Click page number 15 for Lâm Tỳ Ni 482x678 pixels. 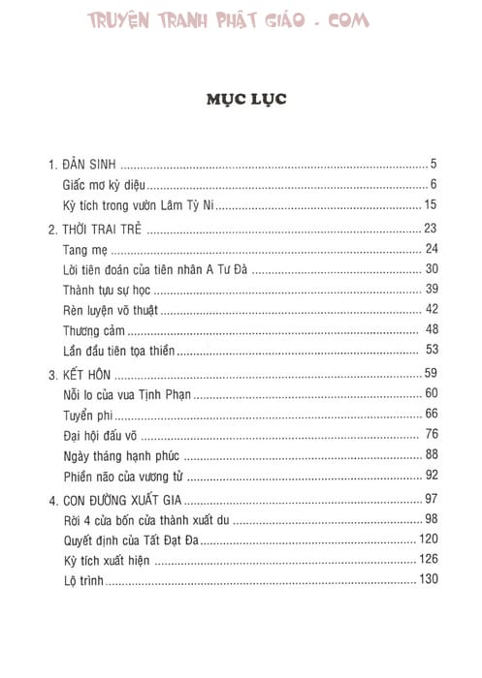pyautogui.click(x=432, y=203)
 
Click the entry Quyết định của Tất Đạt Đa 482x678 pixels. pyautogui.click(x=129, y=540)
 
